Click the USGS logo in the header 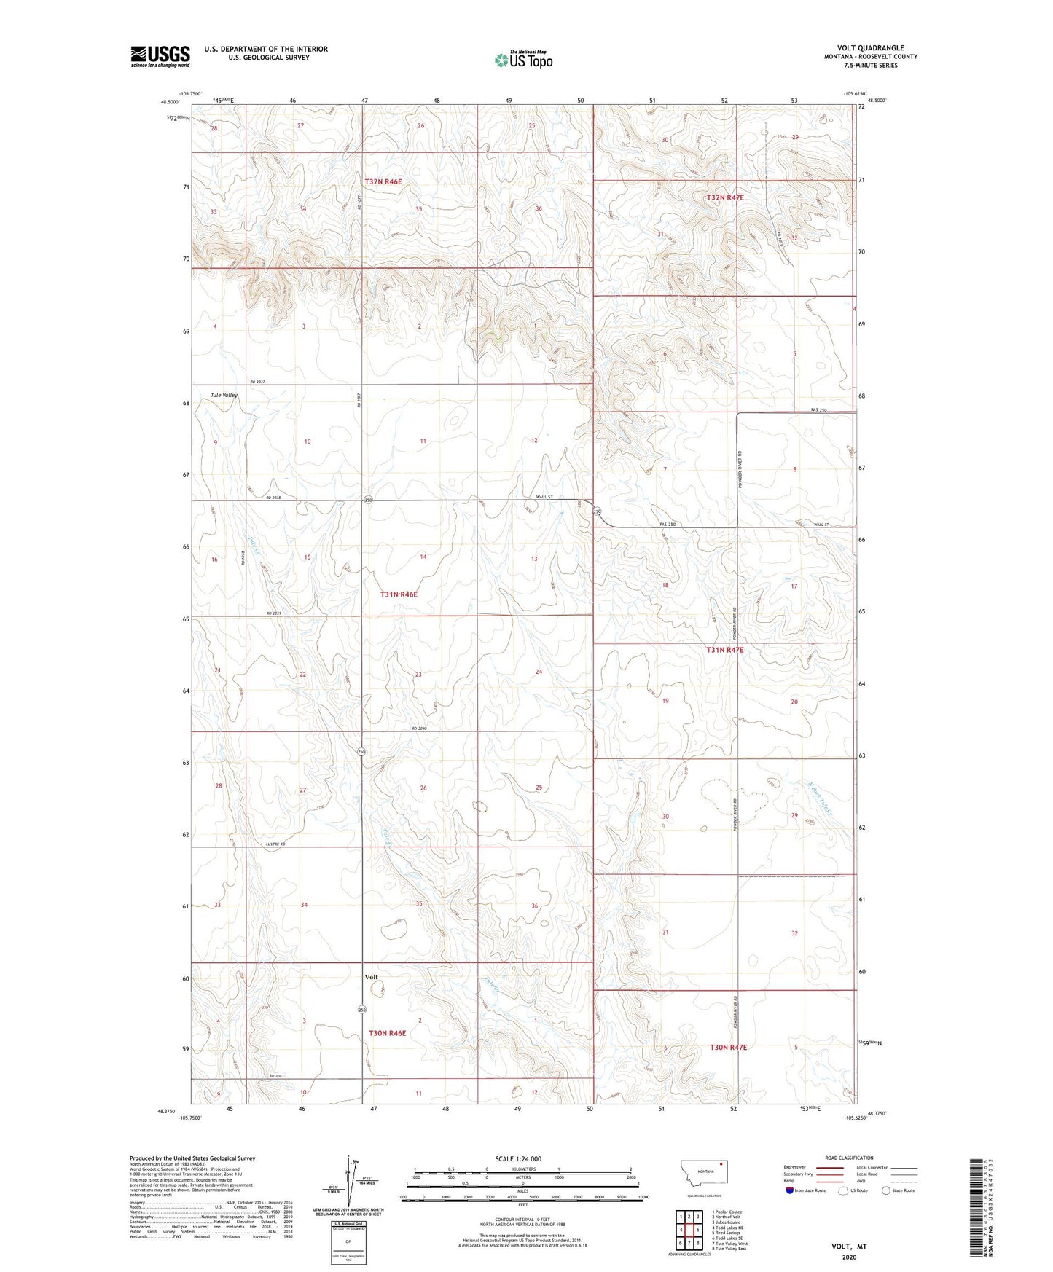pyautogui.click(x=160, y=56)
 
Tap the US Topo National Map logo pyautogui.click(x=522, y=60)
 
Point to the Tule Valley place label pyautogui.click(x=224, y=395)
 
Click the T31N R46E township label pyautogui.click(x=399, y=594)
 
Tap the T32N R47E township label pyautogui.click(x=724, y=197)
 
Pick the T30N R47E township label pyautogui.click(x=728, y=1047)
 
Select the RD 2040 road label pyautogui.click(x=418, y=728)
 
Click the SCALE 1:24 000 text pyautogui.click(x=517, y=1158)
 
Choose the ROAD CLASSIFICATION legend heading pyautogui.click(x=849, y=1158)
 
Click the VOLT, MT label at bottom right pyautogui.click(x=849, y=1247)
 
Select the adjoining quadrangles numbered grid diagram pyautogui.click(x=689, y=1232)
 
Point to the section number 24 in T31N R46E pyautogui.click(x=539, y=672)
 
